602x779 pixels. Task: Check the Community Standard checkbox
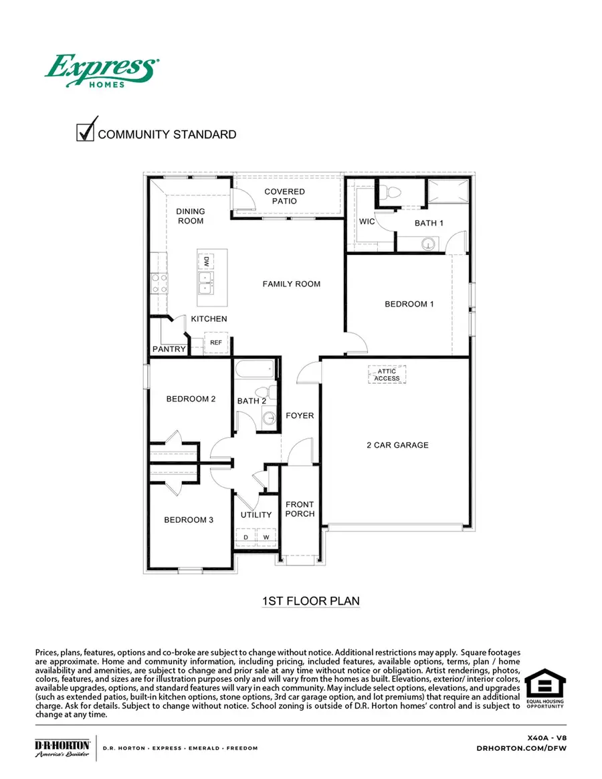86,132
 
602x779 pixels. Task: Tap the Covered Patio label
284,196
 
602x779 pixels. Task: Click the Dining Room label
190,216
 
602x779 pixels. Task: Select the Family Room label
291,284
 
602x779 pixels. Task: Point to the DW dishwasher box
207,261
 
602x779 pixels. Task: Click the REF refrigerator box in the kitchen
215,342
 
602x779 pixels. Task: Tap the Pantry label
169,349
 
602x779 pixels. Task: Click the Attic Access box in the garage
387,375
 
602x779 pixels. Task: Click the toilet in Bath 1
393,192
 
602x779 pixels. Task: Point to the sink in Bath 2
269,419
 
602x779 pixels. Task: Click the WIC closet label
367,220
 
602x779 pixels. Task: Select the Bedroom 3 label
190,519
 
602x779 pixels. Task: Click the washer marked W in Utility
266,537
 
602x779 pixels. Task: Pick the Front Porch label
299,509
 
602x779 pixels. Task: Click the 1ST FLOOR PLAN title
310,601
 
